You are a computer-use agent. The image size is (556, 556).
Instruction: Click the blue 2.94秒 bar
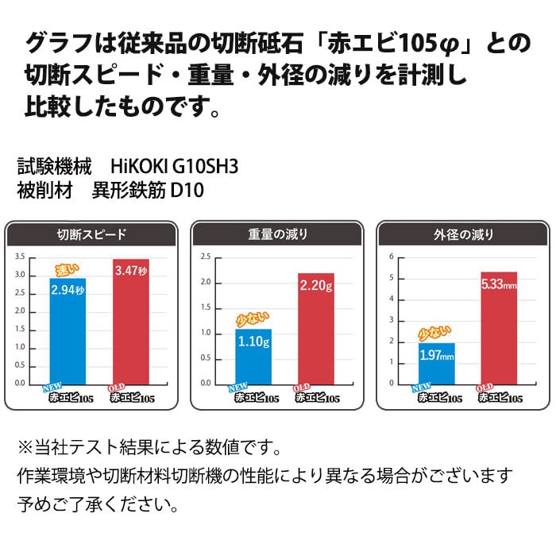click(68, 331)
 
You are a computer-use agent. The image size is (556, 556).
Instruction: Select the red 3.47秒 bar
click(131, 322)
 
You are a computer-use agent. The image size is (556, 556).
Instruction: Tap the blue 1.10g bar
click(253, 357)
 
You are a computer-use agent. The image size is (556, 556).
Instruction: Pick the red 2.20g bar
click(316, 329)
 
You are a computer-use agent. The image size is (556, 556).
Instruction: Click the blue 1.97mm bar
click(437, 364)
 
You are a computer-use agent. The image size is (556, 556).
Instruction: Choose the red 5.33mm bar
click(499, 328)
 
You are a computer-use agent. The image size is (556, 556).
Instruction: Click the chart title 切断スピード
click(91, 234)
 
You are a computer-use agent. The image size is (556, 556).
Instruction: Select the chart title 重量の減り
click(278, 234)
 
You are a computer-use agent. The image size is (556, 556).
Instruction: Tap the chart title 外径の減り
click(463, 234)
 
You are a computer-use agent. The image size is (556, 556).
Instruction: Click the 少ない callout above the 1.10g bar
click(253, 319)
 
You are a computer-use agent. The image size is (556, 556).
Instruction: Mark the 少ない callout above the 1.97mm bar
click(434, 334)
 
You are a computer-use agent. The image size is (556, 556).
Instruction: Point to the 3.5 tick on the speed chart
click(20, 257)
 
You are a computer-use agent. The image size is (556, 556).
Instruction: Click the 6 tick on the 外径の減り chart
click(392, 257)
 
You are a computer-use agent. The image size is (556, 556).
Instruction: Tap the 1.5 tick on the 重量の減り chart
click(206, 307)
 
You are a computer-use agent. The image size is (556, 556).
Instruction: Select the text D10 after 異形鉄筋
click(187, 190)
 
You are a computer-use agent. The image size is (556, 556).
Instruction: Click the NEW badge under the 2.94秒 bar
click(52, 388)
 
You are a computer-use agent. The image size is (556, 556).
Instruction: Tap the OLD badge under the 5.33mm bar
click(484, 388)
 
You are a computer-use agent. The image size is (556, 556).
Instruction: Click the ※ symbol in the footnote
click(25, 447)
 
